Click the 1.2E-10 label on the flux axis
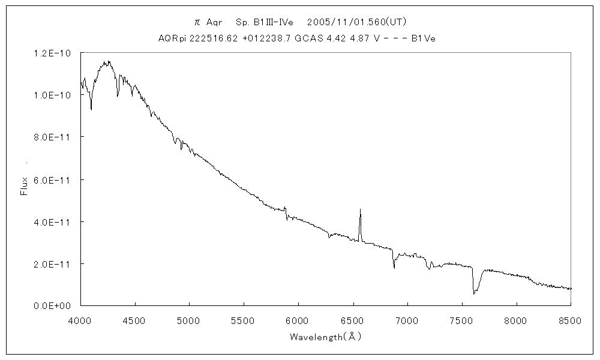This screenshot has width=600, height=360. [53, 53]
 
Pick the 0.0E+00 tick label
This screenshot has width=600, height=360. [53, 306]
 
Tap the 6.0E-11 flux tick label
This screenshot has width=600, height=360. [53, 179]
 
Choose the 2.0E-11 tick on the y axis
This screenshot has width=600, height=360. [53, 264]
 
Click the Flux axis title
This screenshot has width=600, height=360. [25, 185]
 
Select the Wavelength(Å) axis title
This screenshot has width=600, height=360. [325, 337]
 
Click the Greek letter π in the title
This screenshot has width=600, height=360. [197, 22]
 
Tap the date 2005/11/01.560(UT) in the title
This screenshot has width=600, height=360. [357, 22]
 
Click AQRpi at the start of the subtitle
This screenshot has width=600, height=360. [169, 38]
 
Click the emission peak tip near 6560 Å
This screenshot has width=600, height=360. [360, 209]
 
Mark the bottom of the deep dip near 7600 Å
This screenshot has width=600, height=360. [474, 294]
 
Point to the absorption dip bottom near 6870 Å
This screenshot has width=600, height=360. [394, 268]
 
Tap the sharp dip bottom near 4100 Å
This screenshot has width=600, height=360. [91, 110]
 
